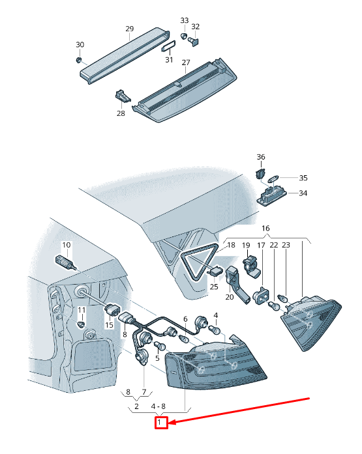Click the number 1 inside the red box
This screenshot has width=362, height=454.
coord(159,422)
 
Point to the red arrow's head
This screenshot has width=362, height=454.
coord(172,422)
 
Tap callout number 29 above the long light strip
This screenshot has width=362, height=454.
coord(130,29)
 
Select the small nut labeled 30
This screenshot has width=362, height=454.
coord(78,60)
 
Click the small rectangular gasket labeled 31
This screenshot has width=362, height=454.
coord(169,46)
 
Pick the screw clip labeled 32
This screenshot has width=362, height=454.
coord(193,41)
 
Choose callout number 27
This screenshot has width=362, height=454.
coord(186,63)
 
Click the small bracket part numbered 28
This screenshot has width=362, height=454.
coord(123,96)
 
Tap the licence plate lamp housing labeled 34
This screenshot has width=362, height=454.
coord(271,195)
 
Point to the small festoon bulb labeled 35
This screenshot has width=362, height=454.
coord(274,178)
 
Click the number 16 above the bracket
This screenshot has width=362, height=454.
coord(265,228)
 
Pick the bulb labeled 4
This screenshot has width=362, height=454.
coord(217,330)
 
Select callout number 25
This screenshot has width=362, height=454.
coord(214,287)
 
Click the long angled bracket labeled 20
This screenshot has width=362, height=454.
coord(237,285)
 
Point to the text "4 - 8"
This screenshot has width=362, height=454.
coord(158,406)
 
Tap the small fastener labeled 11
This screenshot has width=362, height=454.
coord(82,324)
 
